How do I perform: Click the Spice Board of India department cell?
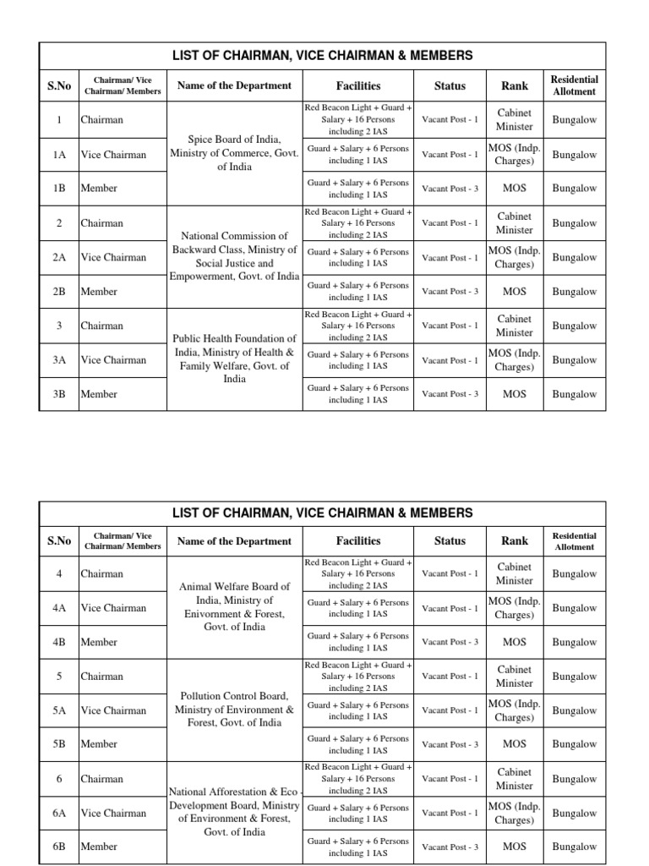coord(234,153)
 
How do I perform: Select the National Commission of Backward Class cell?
coord(234,256)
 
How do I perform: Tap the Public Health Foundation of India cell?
coord(234,359)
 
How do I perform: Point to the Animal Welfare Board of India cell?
coord(234,606)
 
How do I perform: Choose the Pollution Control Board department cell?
coord(234,710)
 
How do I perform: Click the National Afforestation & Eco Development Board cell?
coord(234,812)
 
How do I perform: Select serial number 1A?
coord(59,155)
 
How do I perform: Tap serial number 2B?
coord(59,292)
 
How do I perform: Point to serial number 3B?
coord(59,394)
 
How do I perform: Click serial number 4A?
coord(59,608)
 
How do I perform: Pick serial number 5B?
coord(59,744)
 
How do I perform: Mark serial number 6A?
coord(59,813)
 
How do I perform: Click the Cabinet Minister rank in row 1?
coord(515,119)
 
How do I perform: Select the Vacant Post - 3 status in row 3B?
coord(450,394)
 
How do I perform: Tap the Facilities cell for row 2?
coord(357,223)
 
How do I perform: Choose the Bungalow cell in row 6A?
coord(574,813)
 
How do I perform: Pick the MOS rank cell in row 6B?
coord(515,847)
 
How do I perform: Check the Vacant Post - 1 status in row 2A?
coord(450,258)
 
